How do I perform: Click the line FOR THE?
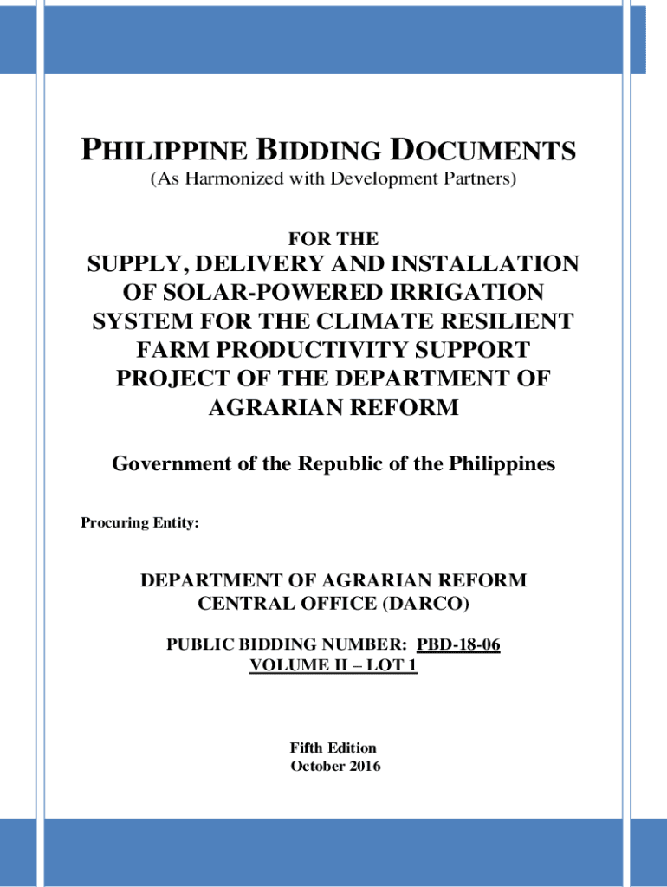[333, 238]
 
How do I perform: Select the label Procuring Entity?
[139, 523]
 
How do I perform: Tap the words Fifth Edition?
[333, 748]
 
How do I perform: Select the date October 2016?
[333, 766]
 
